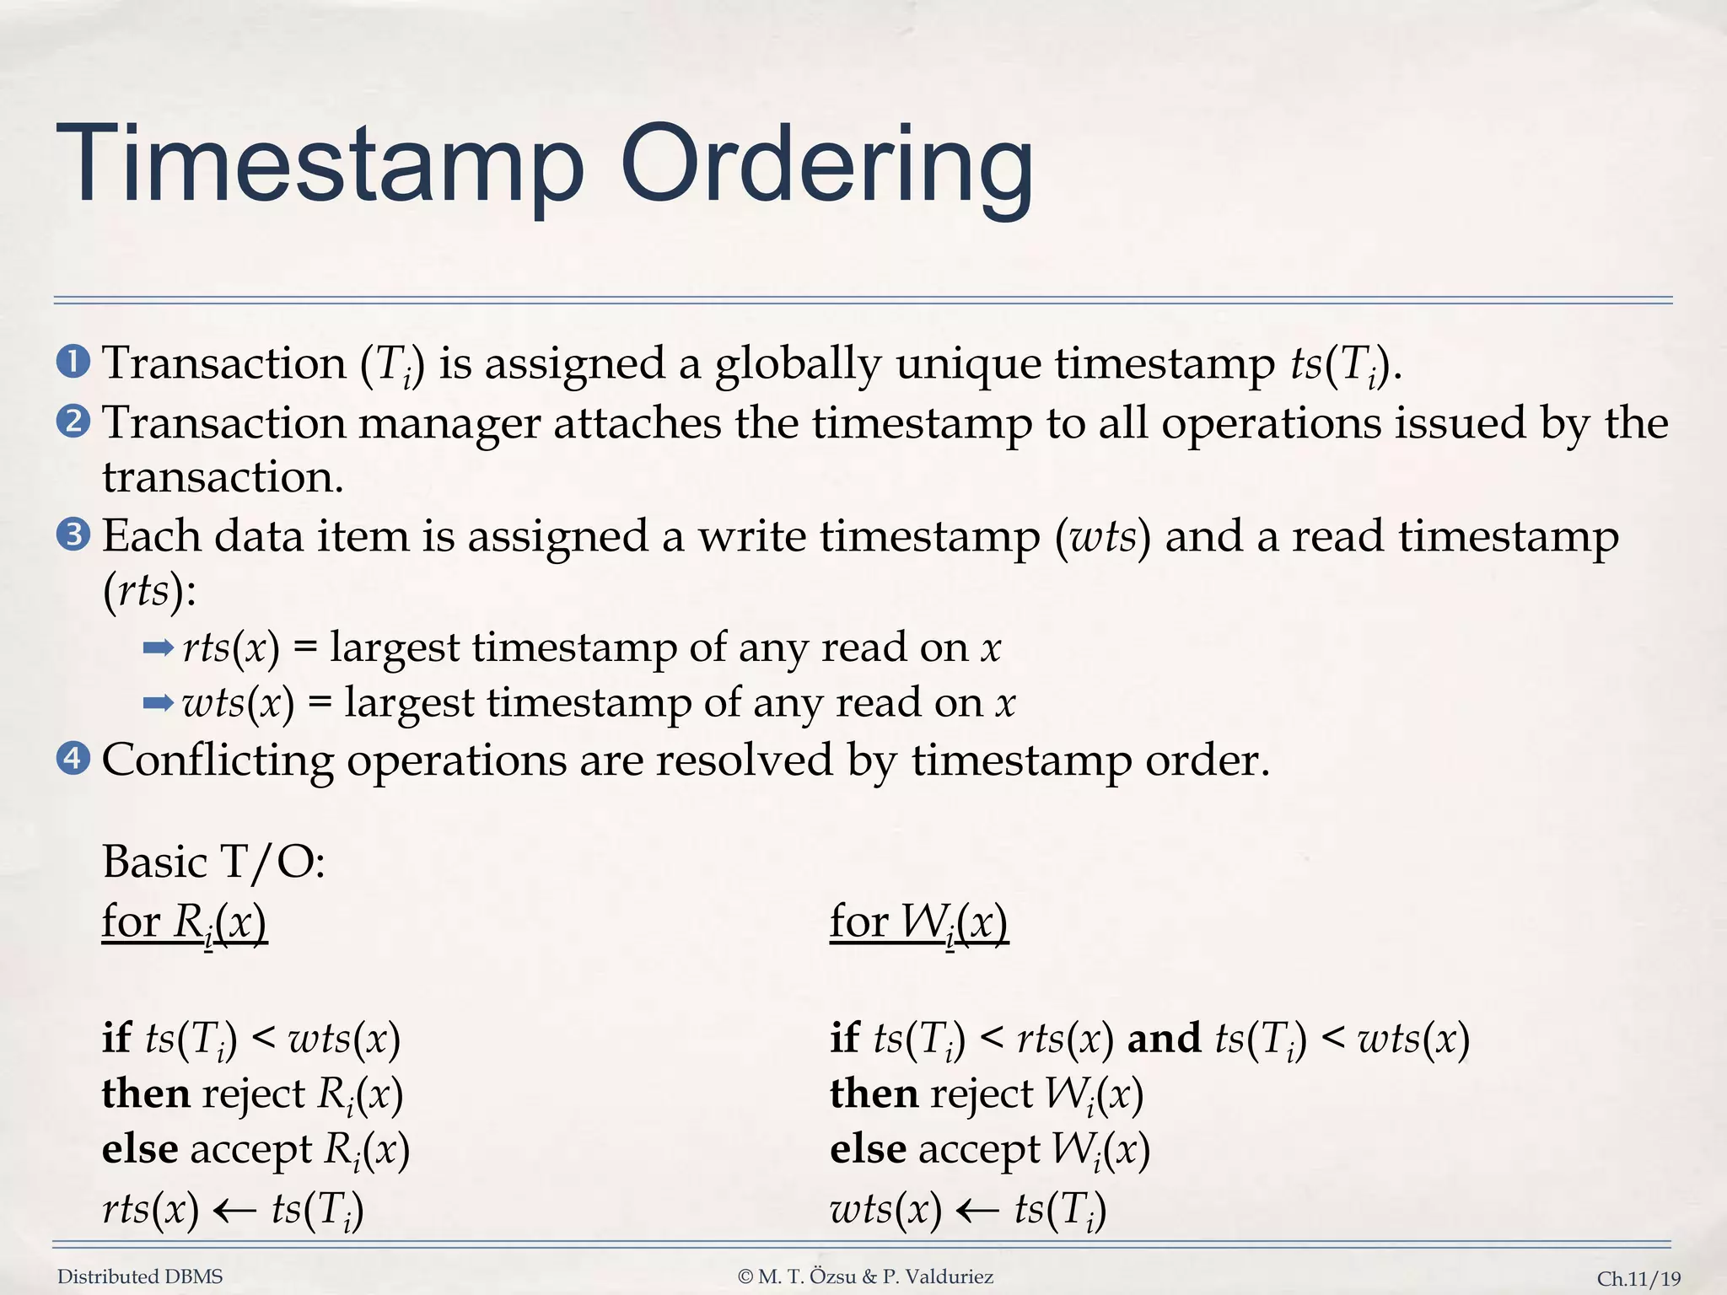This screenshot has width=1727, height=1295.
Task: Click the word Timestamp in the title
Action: click(x=320, y=165)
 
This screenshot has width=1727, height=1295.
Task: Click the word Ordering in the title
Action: click(x=826, y=165)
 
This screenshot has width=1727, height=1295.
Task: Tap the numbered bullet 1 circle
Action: click(x=73, y=363)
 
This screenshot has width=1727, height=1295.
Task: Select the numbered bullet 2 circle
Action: click(x=73, y=422)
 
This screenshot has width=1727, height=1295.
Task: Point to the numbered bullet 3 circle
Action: click(x=73, y=535)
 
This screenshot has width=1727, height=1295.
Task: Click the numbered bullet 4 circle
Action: click(x=73, y=759)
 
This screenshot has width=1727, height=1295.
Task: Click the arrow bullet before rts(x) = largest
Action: click(x=159, y=647)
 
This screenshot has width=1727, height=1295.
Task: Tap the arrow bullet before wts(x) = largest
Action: click(x=159, y=703)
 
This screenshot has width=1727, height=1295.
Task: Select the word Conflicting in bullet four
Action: click(x=218, y=760)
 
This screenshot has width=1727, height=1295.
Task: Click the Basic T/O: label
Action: click(x=213, y=862)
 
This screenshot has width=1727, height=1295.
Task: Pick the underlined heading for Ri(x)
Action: click(x=185, y=922)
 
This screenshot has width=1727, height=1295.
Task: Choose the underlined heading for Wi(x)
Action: click(x=919, y=922)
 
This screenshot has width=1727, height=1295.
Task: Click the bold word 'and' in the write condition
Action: click(x=1165, y=1038)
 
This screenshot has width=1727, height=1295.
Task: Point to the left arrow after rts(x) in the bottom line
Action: click(x=234, y=1211)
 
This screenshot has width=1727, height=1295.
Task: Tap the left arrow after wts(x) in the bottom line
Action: click(x=978, y=1211)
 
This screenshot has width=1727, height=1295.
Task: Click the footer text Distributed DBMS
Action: click(x=140, y=1276)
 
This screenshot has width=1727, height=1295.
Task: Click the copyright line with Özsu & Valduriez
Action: click(x=865, y=1276)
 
